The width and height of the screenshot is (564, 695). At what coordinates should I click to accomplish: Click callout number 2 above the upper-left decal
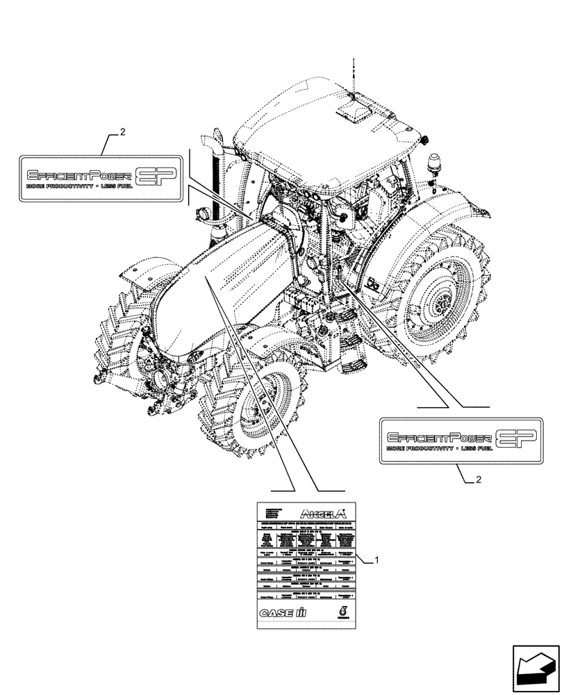(x=122, y=132)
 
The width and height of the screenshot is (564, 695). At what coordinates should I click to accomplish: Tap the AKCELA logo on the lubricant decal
(x=322, y=514)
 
